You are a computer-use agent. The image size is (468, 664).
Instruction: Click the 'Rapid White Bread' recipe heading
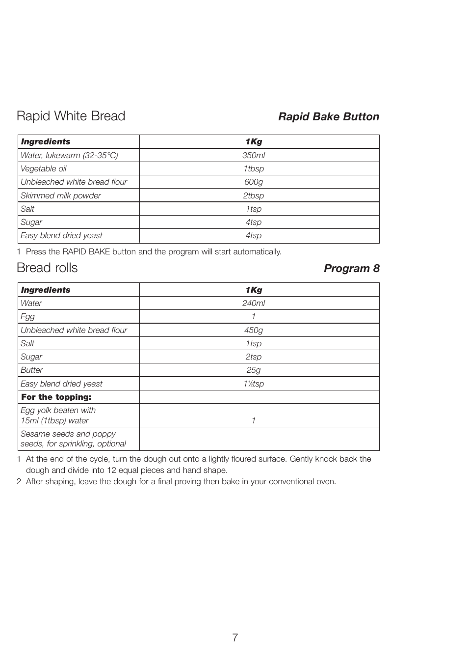[x=71, y=116]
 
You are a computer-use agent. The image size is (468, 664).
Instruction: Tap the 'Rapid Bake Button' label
[x=328, y=116]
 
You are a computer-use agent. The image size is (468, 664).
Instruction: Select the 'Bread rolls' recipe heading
[x=47, y=268]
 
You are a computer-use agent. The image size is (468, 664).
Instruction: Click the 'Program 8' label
[x=351, y=268]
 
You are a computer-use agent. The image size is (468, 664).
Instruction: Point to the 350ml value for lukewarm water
[x=253, y=155]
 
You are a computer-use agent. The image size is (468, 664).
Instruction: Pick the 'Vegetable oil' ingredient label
[x=43, y=168]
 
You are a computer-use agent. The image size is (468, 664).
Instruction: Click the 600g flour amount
[x=253, y=182]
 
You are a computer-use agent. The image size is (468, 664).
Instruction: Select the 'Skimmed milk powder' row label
[x=60, y=195]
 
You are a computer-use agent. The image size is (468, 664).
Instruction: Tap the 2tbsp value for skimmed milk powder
[x=253, y=195]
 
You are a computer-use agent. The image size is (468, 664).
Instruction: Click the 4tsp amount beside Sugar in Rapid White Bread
[x=253, y=222]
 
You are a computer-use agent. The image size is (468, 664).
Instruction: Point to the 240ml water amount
[x=253, y=304]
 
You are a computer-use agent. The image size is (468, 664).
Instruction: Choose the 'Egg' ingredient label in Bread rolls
[x=27, y=317]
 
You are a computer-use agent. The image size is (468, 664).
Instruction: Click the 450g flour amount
[x=253, y=330]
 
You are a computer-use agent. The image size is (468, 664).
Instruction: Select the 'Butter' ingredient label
[x=31, y=370]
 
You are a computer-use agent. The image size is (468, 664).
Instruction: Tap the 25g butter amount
[x=253, y=370]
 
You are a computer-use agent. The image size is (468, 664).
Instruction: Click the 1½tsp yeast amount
[x=253, y=384]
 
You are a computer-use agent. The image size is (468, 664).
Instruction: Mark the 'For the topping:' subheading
[x=56, y=397]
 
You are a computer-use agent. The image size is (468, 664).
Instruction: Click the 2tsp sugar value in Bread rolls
[x=253, y=357]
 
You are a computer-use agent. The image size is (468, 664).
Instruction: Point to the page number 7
[x=235, y=637]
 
